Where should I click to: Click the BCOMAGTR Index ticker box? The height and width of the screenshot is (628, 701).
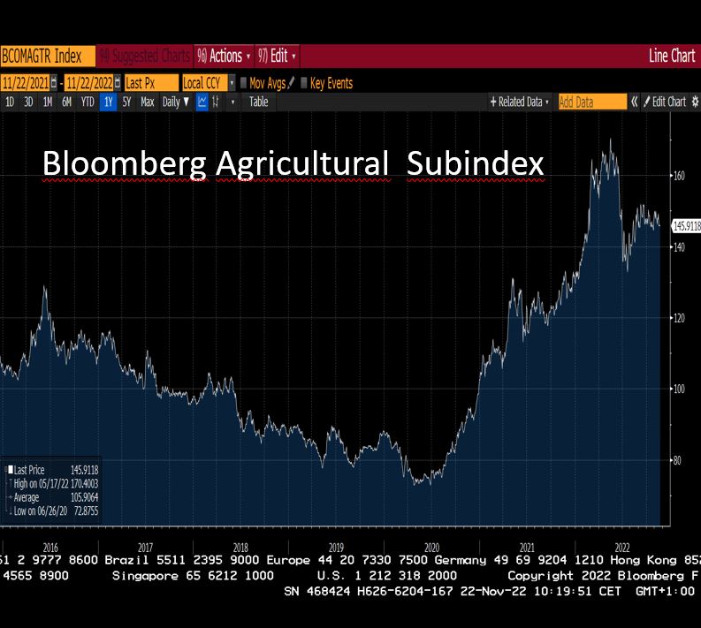pos(42,57)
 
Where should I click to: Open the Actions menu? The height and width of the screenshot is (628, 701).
pos(225,57)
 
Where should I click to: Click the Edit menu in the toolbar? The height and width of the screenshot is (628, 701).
pos(277,57)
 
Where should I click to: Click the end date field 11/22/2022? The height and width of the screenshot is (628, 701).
pos(88,83)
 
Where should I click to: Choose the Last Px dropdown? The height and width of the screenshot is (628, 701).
pos(150,83)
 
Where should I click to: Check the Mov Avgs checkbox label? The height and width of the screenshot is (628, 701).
pos(267,83)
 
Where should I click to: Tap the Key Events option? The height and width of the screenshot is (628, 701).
pos(331,83)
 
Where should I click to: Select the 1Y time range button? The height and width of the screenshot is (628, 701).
pos(108,102)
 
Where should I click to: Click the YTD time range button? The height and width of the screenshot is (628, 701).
pos(88,102)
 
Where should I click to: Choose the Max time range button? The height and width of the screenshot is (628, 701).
pos(147,102)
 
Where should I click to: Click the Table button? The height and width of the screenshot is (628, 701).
pos(258,102)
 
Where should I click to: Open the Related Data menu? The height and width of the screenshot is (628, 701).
pos(521,102)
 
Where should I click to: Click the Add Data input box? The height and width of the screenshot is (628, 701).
pos(591,102)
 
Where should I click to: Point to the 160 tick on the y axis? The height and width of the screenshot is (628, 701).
pos(679,176)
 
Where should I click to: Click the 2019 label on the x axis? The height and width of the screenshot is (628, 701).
pos(335,547)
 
